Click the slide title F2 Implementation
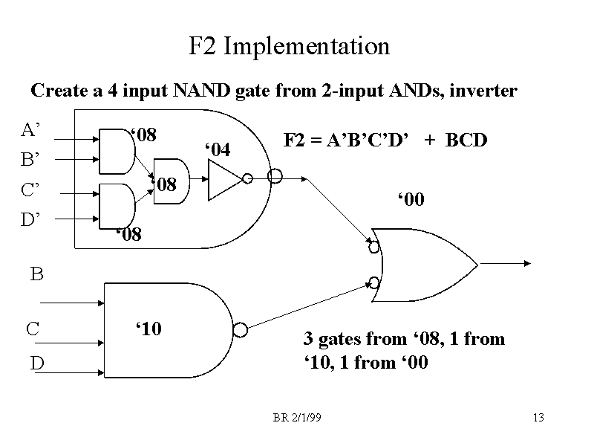(289, 47)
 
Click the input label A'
(30, 131)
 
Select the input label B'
(30, 160)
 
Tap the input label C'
(30, 190)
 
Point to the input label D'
(30, 219)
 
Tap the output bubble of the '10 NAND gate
(240, 329)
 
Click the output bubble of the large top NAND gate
(275, 175)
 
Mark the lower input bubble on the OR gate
(374, 282)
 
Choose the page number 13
(538, 417)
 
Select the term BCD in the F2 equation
(466, 140)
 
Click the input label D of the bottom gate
(36, 363)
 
